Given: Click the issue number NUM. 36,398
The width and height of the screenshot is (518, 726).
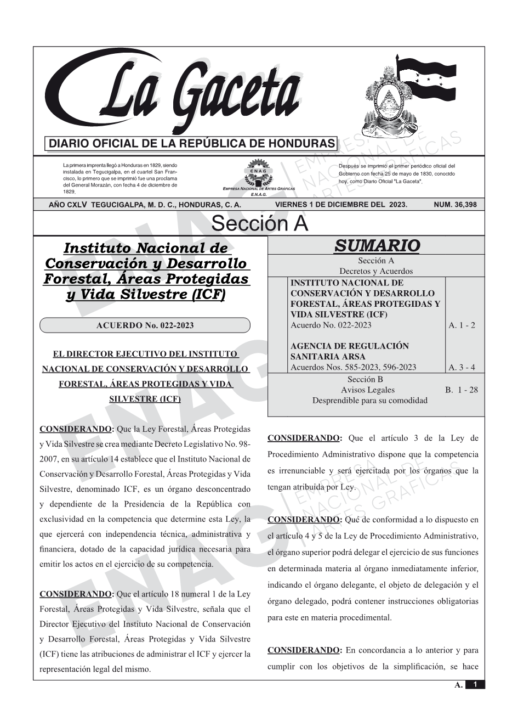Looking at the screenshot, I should point(455,205).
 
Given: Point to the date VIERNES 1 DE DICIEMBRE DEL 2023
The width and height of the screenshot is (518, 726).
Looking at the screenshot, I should point(341,205).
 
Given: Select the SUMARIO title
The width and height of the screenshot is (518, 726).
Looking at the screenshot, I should point(377,245).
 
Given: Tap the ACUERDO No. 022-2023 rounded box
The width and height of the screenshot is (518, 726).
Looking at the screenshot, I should point(145,325).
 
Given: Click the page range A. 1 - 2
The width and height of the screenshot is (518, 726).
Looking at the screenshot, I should point(462,325).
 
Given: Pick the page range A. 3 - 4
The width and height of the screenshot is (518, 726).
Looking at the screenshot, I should point(462,367).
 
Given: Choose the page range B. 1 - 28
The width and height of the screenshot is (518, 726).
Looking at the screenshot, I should point(461,390).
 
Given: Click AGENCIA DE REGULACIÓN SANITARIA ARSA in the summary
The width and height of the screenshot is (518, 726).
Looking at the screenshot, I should point(349,351).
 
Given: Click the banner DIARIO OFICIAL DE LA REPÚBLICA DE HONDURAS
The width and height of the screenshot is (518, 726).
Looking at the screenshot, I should point(192,144).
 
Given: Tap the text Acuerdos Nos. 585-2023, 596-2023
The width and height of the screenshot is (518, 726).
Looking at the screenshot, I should point(353,367).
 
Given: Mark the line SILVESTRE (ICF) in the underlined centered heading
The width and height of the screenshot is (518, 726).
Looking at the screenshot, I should point(145,399).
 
